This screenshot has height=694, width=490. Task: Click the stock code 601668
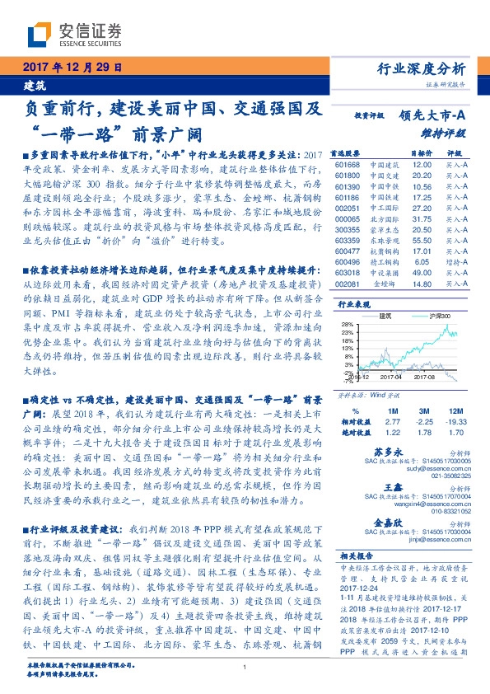click(347, 164)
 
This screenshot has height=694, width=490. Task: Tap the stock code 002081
click(347, 284)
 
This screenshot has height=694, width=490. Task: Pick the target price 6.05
click(422, 261)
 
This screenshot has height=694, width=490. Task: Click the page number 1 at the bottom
click(245, 668)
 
